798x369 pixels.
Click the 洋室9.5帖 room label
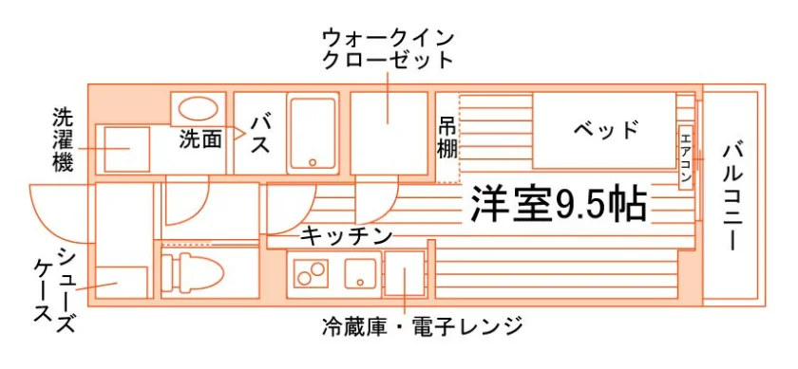(559, 203)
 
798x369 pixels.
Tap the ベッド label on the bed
(606, 130)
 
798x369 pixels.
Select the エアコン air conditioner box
(686, 157)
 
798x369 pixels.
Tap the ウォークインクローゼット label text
(388, 49)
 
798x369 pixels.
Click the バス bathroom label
(260, 134)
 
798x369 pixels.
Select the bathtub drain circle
(313, 162)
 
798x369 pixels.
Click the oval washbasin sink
(199, 108)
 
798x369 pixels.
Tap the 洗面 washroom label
(200, 139)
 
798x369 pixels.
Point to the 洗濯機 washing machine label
(63, 138)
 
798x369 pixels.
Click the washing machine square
(126, 150)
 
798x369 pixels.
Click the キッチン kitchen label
(347, 236)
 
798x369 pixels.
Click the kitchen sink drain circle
(360, 282)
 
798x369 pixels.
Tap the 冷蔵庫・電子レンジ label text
(422, 326)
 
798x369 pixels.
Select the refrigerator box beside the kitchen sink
(405, 273)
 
